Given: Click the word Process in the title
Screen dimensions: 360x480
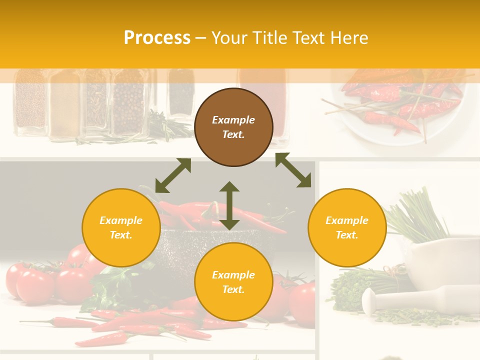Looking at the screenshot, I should (157, 38).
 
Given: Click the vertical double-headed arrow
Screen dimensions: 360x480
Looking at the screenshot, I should (229, 205).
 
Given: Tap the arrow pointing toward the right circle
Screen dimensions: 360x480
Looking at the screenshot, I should (293, 170).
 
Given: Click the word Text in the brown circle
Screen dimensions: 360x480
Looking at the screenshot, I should (233, 134).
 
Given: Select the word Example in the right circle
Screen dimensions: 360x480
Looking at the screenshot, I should (347, 220).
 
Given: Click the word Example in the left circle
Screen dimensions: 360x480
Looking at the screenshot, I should (121, 220).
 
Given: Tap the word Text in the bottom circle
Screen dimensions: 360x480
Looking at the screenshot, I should (233, 289).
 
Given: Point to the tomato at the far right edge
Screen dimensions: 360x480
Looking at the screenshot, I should (303, 302).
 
